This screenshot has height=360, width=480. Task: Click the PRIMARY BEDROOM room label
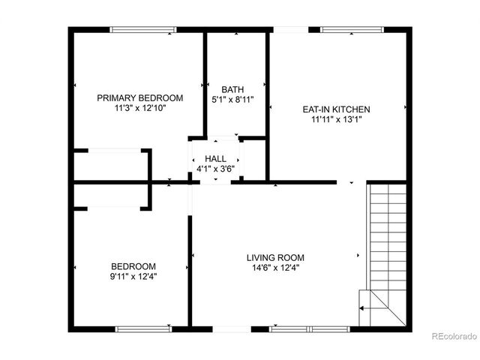pos(140,98)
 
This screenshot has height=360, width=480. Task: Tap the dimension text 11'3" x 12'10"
pos(140,108)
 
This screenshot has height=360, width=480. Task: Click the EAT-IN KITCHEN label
pos(336,109)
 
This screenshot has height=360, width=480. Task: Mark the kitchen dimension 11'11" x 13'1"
pos(336,119)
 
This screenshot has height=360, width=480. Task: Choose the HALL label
pos(215,158)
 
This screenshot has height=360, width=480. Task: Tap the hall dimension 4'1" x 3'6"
pos(215,168)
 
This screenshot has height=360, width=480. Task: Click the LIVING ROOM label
pos(275,258)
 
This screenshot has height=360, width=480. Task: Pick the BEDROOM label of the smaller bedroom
pos(133,266)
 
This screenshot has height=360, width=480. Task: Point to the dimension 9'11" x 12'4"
pos(133,276)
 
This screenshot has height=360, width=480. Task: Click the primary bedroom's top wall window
pos(142,30)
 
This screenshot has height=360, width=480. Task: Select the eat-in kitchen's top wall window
pos(352,30)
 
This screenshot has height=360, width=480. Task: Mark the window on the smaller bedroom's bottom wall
pos(143,328)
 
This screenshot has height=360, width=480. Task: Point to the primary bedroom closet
pos(112,165)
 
